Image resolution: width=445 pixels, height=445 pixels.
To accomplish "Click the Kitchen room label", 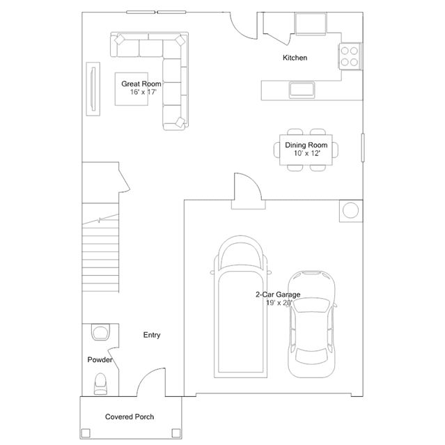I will pyautogui.click(x=295, y=58).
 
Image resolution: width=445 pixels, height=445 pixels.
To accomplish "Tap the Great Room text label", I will pyautogui.click(x=141, y=84).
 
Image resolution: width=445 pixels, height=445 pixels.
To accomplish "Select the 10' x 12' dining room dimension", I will pyautogui.click(x=306, y=153).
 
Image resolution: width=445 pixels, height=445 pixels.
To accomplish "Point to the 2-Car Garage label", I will pyautogui.click(x=278, y=295).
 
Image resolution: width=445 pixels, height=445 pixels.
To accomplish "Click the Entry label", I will pyautogui.click(x=152, y=335).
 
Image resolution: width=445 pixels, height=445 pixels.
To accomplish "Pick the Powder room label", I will pyautogui.click(x=100, y=360).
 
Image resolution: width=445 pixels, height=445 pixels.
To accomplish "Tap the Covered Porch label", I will pyautogui.click(x=130, y=416).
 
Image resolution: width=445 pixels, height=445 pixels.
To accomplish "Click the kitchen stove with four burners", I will pyautogui.click(x=350, y=56).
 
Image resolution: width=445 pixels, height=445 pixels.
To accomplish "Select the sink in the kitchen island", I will pyautogui.click(x=302, y=88).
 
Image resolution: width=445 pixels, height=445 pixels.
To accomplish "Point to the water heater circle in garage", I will pyautogui.click(x=350, y=209).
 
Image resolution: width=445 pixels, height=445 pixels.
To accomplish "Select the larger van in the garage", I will pyautogui.click(x=240, y=306).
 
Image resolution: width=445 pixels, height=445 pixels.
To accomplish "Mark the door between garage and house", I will pyautogui.click(x=246, y=191).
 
